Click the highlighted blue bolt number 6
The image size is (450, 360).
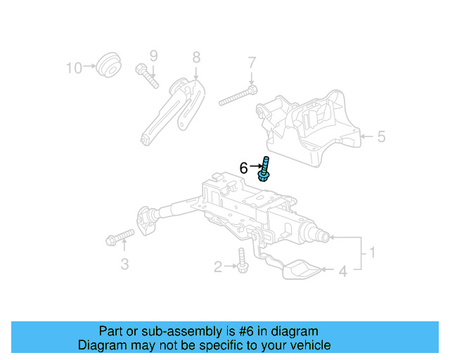tap(266, 169)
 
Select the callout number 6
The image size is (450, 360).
tap(243, 168)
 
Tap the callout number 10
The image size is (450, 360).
tap(74, 67)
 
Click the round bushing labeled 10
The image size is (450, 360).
tap(108, 65)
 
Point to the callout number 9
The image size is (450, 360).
tap(153, 56)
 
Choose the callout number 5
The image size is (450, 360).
tap(381, 136)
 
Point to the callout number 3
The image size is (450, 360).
tap(124, 264)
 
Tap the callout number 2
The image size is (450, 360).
tap(218, 266)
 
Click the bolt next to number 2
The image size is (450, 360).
tap(243, 262)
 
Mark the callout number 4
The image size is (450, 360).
tap(344, 270)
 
